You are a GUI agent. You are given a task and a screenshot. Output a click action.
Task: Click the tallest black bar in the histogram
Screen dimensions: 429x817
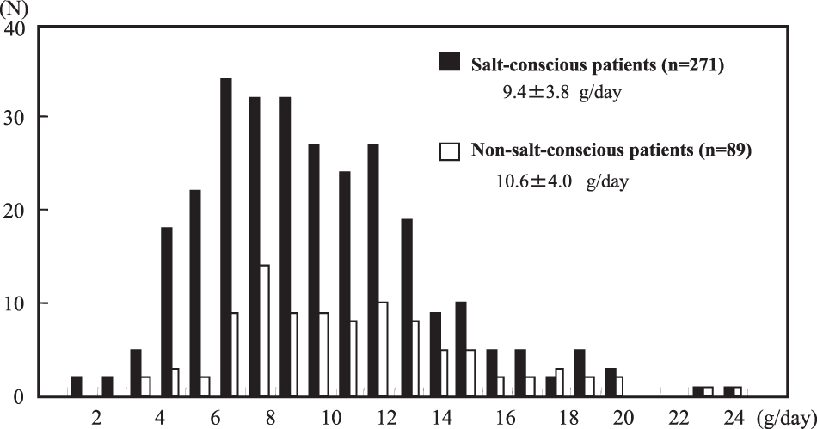tap(225, 237)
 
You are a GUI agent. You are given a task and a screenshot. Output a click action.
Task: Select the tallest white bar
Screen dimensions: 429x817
tap(265, 331)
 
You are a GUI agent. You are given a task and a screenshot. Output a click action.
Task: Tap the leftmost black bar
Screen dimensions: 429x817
tap(77, 388)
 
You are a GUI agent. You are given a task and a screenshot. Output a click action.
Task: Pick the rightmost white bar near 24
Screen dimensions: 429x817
tap(737, 392)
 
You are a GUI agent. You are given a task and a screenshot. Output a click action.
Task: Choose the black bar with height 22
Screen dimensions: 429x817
tap(195, 293)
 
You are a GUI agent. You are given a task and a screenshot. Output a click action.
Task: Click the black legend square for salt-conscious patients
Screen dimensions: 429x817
tap(449, 63)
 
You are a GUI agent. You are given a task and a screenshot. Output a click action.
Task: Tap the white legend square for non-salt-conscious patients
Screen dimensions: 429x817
tap(449, 151)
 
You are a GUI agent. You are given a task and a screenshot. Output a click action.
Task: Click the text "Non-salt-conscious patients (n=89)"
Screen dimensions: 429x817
tap(610, 151)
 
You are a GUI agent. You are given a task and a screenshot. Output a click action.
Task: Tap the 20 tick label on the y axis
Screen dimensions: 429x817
tap(17, 210)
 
